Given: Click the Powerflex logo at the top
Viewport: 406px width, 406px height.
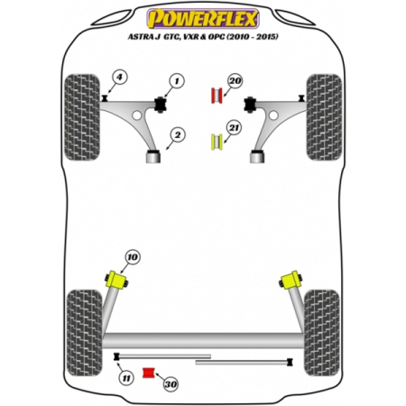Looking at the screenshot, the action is (203, 19).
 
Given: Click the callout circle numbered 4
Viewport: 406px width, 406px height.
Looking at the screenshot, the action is (120, 78).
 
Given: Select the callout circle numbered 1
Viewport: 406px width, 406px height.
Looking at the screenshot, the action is (177, 81).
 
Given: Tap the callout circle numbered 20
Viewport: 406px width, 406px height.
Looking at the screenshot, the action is (235, 81).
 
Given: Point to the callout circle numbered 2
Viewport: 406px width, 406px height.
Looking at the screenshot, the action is (178, 135).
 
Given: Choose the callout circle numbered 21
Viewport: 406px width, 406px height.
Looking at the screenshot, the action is (234, 128).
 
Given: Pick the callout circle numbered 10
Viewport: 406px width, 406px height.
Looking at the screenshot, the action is (133, 257).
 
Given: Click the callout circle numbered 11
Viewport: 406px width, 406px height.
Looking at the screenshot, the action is (126, 378).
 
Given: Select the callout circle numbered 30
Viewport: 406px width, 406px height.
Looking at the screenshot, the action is (171, 384).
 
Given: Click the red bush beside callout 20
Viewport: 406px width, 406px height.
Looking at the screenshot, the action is (217, 96).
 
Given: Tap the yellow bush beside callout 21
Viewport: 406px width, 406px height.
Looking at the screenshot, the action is (217, 143).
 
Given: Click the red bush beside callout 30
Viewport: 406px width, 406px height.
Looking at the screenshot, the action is (148, 373).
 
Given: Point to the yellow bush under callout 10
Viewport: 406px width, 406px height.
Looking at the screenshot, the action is (116, 280).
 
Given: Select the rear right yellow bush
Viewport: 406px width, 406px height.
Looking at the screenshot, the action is (291, 280).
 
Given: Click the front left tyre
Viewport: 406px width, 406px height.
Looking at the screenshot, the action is (82, 117).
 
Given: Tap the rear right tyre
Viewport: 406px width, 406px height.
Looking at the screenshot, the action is (322, 333).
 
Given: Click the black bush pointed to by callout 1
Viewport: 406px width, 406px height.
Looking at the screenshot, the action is (161, 105).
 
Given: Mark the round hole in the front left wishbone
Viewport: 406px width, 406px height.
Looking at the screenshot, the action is (137, 115).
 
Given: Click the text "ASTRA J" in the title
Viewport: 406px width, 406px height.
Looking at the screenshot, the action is (141, 37).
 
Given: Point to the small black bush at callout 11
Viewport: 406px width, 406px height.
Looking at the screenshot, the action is (116, 356).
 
